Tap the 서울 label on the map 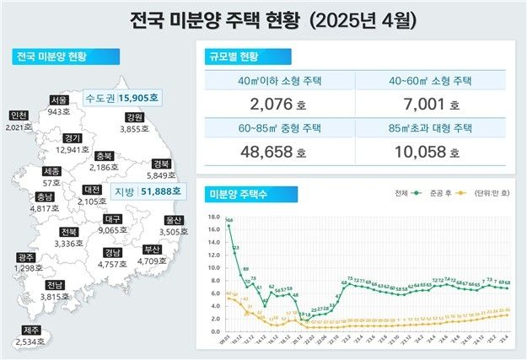point(59,99)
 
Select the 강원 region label point(133,116)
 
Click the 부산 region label point(152,250)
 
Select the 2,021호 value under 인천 point(18,128)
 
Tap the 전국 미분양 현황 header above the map point(53,57)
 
